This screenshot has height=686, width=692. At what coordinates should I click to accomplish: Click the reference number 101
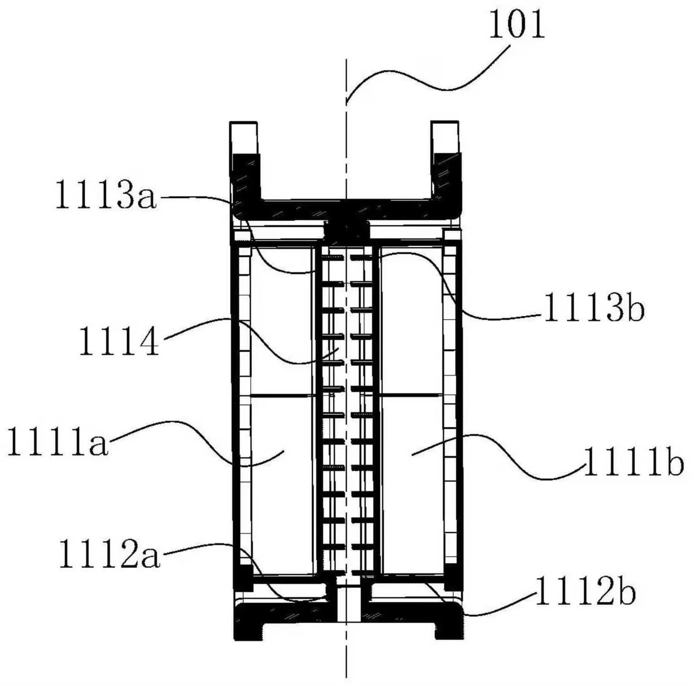pyautogui.click(x=517, y=24)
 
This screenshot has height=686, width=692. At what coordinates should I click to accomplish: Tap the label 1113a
pyautogui.click(x=106, y=194)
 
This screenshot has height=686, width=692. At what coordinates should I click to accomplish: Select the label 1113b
pyautogui.click(x=595, y=306)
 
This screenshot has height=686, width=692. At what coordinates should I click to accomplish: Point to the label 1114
pyautogui.click(x=119, y=340)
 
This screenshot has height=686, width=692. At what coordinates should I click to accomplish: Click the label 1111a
pyautogui.click(x=58, y=441)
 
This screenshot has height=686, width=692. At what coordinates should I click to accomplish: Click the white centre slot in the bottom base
pyautogui.click(x=347, y=605)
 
